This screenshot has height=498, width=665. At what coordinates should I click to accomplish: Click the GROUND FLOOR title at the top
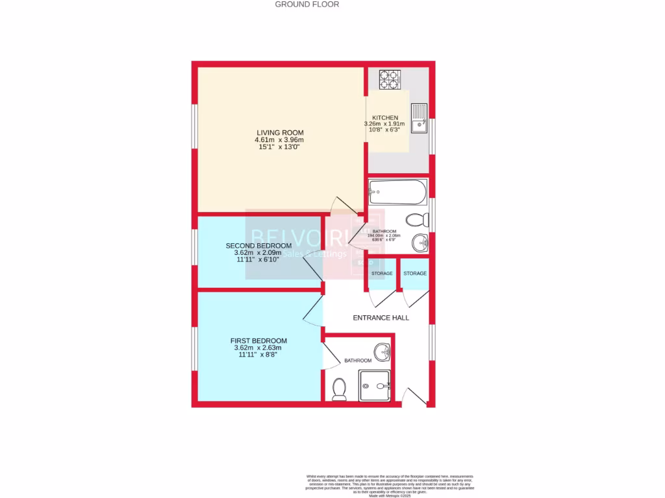pyautogui.click(x=307, y=5)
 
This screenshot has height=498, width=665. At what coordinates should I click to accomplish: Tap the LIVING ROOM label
pyautogui.click(x=279, y=132)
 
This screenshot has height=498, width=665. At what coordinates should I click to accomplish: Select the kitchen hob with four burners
pyautogui.click(x=390, y=79)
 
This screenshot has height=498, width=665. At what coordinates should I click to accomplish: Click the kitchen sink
pyautogui.click(x=419, y=117)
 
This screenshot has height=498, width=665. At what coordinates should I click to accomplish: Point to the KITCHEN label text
pyautogui.click(x=385, y=118)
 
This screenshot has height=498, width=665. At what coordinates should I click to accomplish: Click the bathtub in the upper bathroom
pyautogui.click(x=397, y=192)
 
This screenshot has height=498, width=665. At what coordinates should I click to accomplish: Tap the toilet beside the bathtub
pyautogui.click(x=416, y=219)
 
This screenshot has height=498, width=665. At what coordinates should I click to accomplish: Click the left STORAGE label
pyautogui.click(x=381, y=274)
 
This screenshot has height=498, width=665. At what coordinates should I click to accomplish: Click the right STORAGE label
pyautogui.click(x=415, y=274)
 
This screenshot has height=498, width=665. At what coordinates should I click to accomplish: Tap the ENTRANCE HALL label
pyautogui.click(x=381, y=318)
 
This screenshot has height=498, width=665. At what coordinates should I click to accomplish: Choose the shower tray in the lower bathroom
pyautogui.click(x=375, y=385)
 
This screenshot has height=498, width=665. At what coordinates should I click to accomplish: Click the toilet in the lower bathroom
pyautogui.click(x=338, y=388)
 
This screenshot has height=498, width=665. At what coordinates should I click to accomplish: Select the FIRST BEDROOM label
pyautogui.click(x=258, y=340)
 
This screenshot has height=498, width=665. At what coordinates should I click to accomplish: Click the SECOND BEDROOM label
pyautogui.click(x=258, y=245)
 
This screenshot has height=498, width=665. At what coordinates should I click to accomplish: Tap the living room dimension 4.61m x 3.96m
pyautogui.click(x=279, y=140)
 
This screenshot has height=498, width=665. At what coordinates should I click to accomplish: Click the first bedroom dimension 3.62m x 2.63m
pyautogui.click(x=258, y=348)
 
